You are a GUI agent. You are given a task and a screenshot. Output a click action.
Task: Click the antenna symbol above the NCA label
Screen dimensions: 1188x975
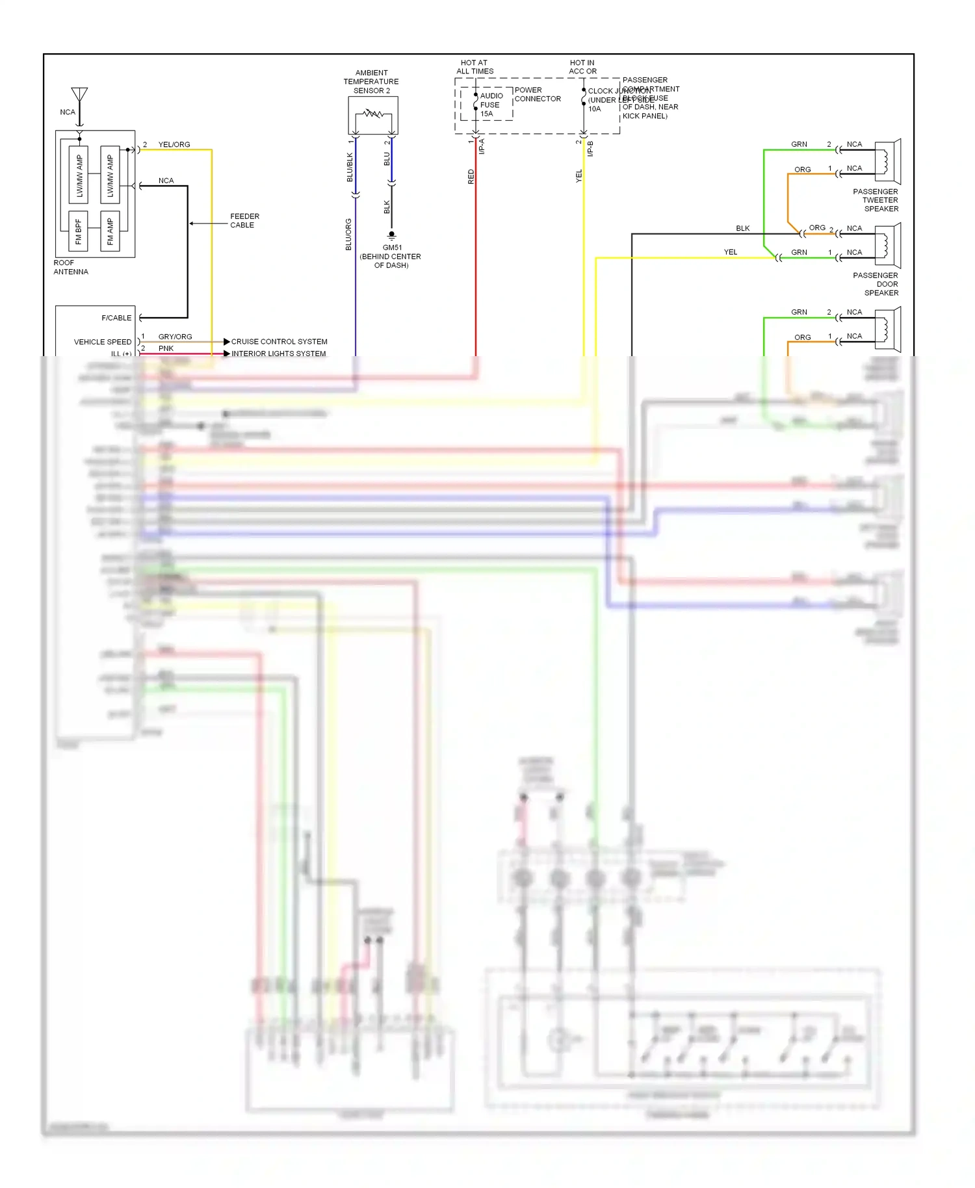coord(79,95)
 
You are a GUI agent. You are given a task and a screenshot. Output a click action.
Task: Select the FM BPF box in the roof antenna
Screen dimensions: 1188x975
coord(78,231)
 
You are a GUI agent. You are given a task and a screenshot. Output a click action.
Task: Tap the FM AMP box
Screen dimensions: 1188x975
coord(110,231)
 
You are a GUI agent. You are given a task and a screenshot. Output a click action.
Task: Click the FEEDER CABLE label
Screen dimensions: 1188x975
coord(244,220)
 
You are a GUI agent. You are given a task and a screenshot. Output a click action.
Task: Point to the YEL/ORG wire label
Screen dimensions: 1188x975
coord(174,144)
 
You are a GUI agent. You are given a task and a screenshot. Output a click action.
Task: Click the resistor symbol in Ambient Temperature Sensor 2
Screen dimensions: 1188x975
coord(373,114)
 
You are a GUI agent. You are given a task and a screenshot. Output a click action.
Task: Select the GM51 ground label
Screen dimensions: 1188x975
coord(392,248)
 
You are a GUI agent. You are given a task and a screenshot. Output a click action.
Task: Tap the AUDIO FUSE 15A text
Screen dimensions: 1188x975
coord(491,105)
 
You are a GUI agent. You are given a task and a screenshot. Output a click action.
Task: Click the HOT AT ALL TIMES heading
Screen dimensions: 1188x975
coord(474,67)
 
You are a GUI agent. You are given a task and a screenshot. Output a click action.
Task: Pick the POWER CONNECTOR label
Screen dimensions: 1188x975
coord(537,94)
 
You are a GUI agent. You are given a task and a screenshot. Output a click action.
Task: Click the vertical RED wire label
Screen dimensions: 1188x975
coord(471,176)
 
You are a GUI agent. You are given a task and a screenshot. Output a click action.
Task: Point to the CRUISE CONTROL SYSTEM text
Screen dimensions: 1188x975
coord(279,341)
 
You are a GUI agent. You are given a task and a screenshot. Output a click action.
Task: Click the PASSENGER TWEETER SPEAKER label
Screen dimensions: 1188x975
coord(876,200)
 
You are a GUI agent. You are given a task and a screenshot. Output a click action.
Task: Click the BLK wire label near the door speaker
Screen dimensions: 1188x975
coord(742,228)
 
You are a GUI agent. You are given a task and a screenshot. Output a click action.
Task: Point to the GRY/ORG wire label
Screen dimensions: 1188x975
coord(175,337)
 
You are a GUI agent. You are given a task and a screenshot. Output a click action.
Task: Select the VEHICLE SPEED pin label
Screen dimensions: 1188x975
coord(102,342)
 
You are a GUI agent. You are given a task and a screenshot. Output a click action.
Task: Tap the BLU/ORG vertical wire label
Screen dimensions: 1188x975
coord(348,234)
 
